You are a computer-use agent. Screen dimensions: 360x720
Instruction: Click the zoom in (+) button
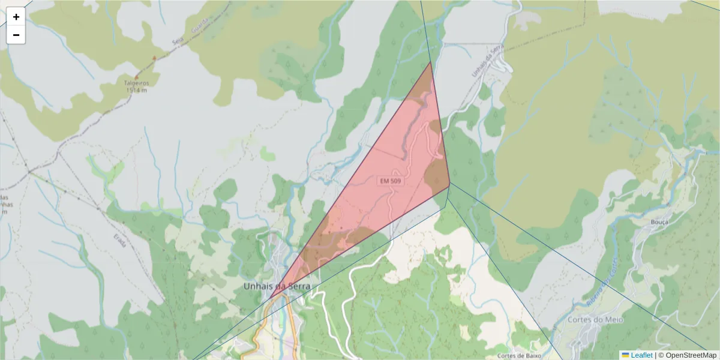(x=16, y=17)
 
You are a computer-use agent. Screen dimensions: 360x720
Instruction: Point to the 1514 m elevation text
(x=137, y=91)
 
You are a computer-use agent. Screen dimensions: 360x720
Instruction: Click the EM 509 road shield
(x=389, y=181)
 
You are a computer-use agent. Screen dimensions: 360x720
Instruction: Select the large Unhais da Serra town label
(x=277, y=287)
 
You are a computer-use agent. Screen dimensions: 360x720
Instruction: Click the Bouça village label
(x=659, y=221)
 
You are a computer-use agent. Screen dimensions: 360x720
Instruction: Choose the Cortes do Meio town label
(x=595, y=320)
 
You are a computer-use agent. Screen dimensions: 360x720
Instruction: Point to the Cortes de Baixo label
(x=519, y=356)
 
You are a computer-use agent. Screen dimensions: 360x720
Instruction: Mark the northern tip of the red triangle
(x=430, y=62)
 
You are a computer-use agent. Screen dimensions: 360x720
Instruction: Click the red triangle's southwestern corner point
(x=269, y=298)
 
